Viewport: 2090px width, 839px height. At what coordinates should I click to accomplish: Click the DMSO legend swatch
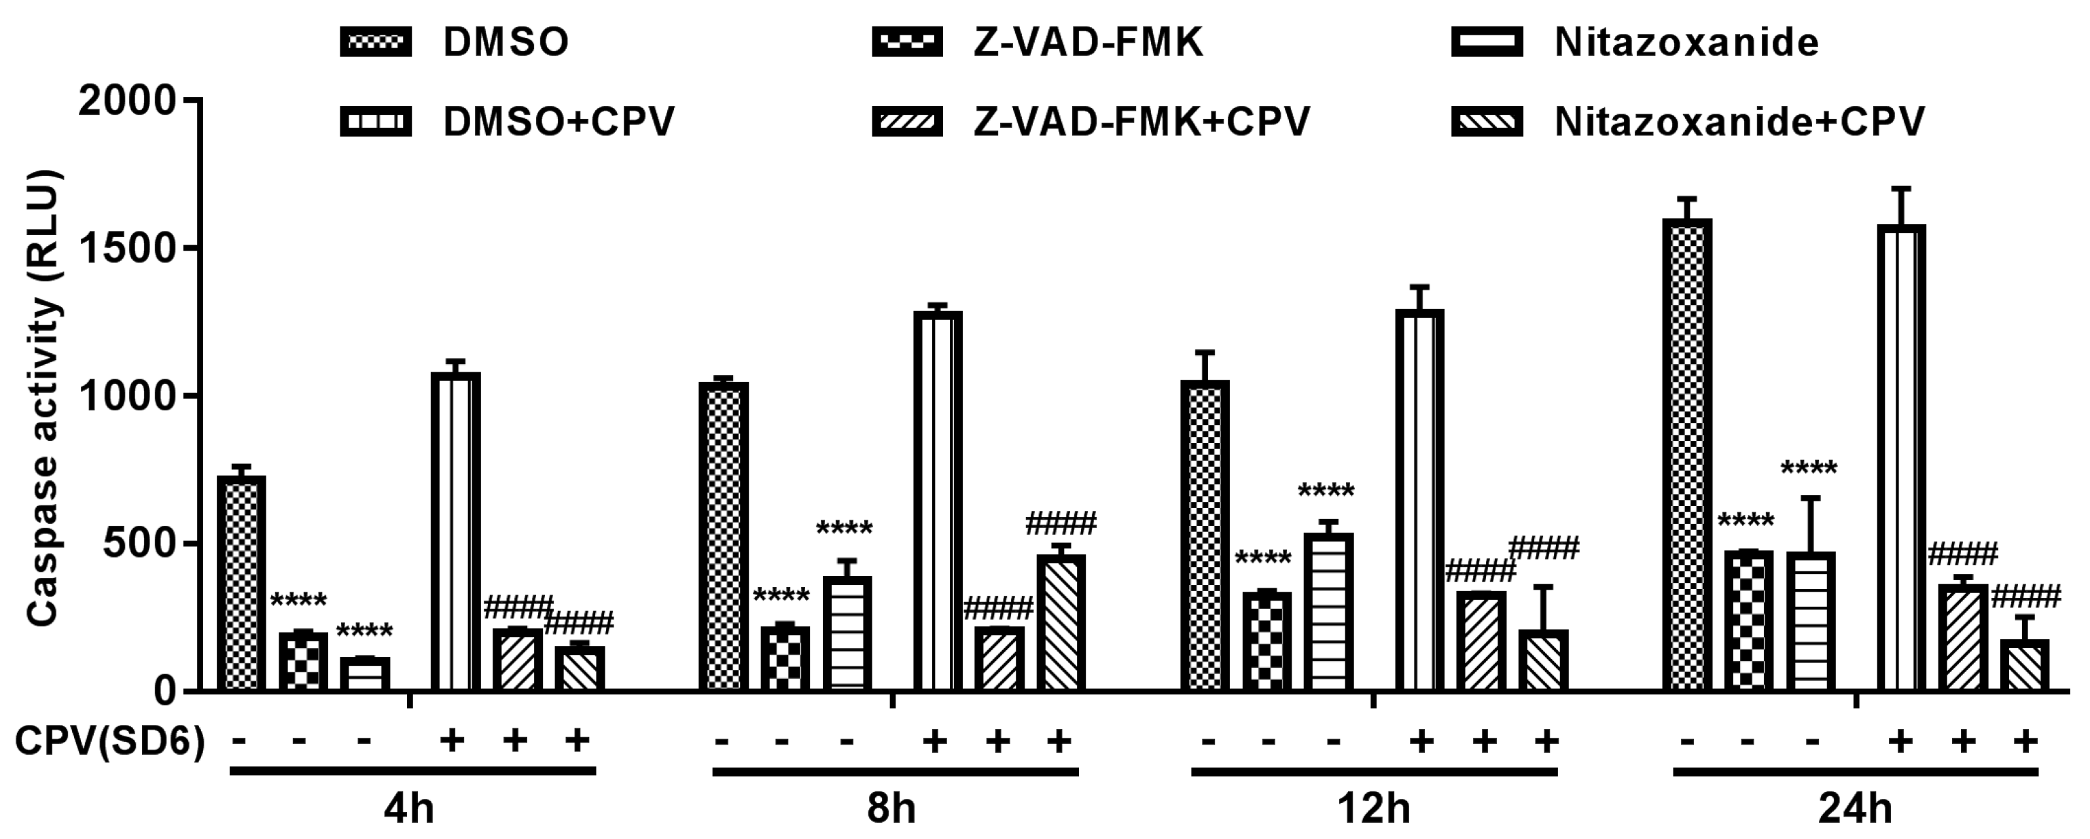click(x=376, y=41)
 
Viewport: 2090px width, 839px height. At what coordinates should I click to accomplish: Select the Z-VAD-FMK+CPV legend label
click(x=1141, y=122)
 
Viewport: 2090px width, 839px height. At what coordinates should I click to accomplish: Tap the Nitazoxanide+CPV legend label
click(x=1739, y=122)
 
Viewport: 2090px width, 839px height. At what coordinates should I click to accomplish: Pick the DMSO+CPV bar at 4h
click(x=455, y=531)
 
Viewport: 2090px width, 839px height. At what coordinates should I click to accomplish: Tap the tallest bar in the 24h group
click(x=1687, y=454)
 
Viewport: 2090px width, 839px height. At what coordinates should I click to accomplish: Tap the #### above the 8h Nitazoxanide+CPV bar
click(x=1061, y=523)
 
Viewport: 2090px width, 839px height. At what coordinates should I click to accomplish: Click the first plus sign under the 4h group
click(x=452, y=740)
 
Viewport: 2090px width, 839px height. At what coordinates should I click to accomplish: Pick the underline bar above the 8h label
click(x=895, y=772)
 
